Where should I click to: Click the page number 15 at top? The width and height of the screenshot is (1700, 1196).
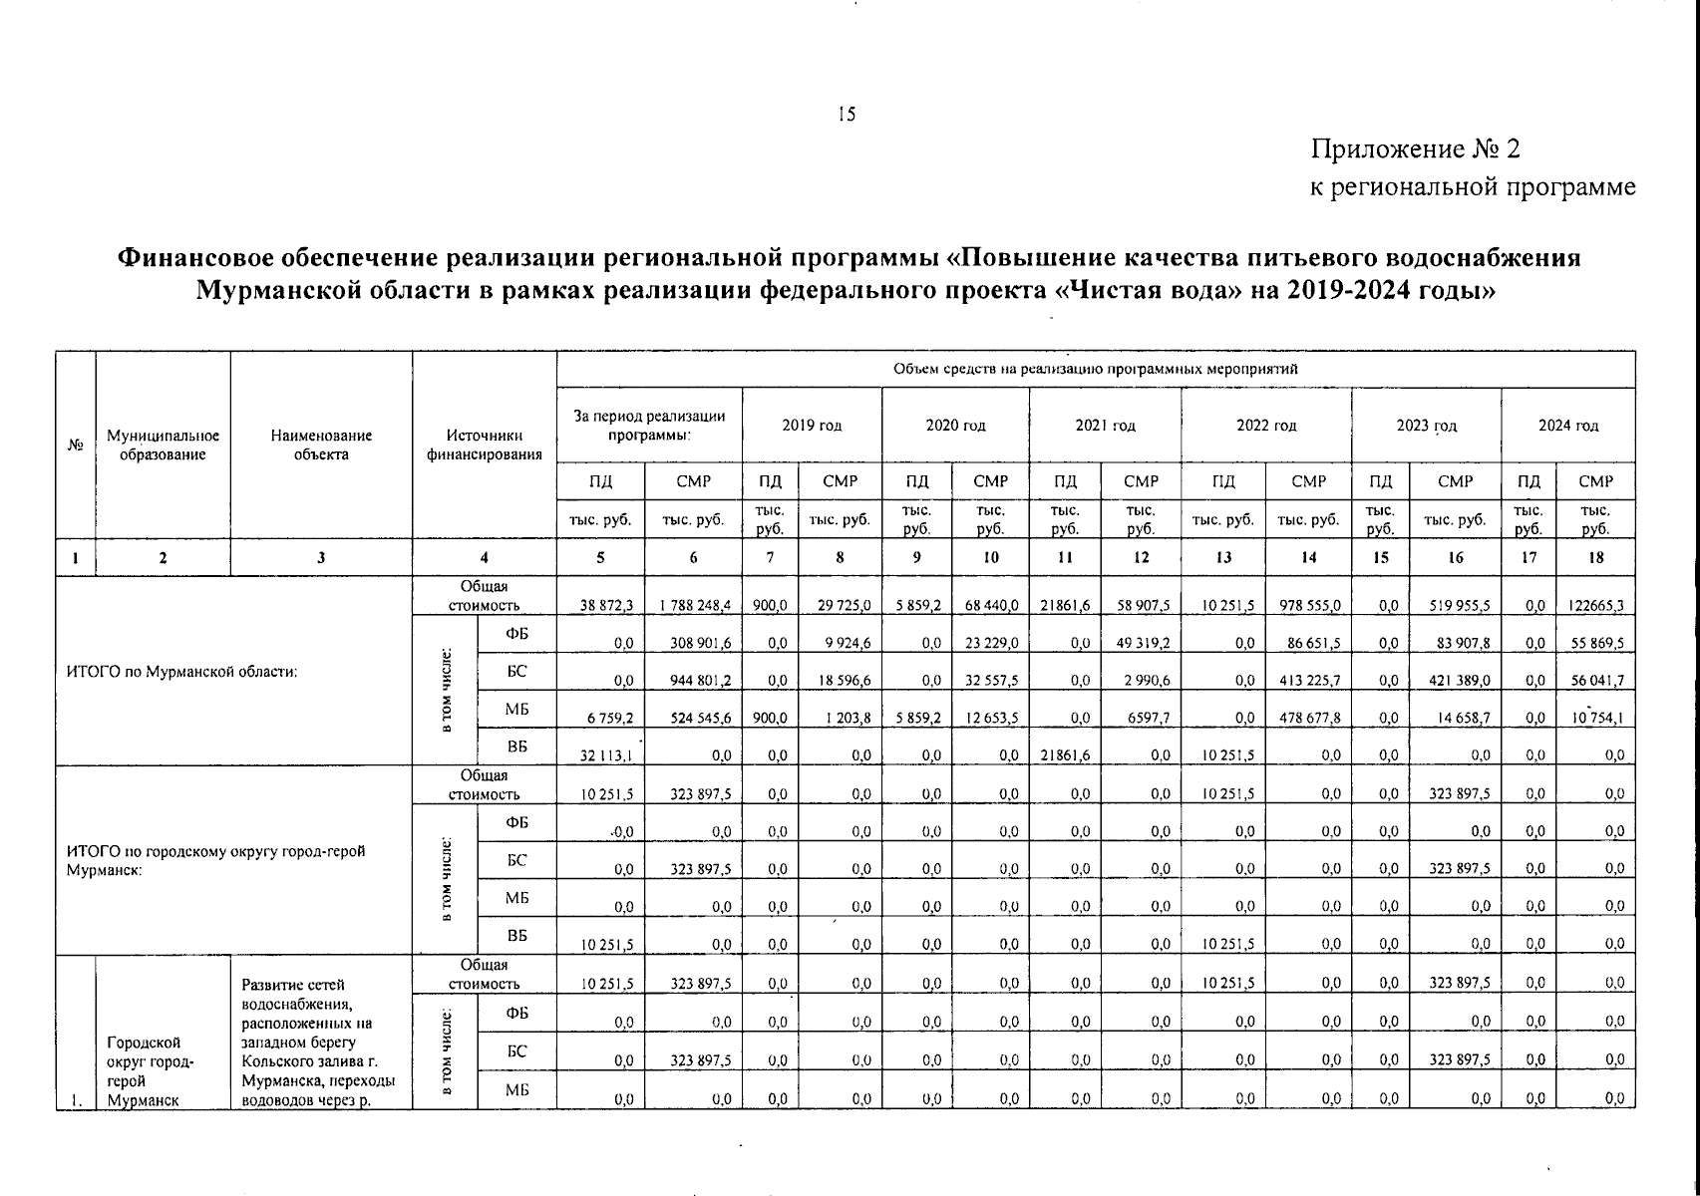pos(846,115)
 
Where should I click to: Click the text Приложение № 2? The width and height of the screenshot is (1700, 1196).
pos(1415,149)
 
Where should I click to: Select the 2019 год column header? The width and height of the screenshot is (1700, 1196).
pos(811,426)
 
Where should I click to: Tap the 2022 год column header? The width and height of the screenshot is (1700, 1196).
pos(1265,426)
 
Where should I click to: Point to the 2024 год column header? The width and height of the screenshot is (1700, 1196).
pos(1567,426)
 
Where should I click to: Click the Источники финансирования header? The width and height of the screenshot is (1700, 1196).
pos(485,446)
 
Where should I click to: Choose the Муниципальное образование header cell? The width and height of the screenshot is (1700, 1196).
pos(163,446)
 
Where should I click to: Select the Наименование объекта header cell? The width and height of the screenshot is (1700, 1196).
pos(320,446)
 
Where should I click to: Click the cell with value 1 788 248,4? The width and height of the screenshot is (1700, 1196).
pos(694,605)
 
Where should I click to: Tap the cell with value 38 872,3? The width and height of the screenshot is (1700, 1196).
pos(600,605)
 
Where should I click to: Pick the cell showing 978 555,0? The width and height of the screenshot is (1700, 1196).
pos(1308,605)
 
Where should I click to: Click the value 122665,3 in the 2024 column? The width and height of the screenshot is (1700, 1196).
pos(1595,605)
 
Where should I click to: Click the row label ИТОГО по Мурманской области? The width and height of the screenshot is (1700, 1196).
pos(182,672)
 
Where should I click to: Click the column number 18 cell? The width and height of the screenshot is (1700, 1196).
pos(1595,558)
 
